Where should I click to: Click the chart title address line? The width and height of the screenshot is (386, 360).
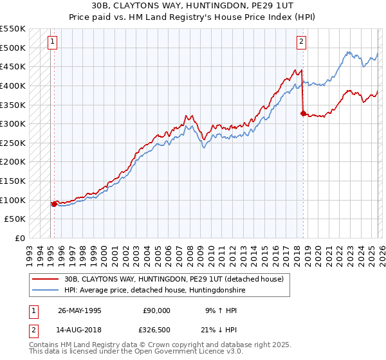192,6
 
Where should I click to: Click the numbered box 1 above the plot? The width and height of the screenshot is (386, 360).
52,42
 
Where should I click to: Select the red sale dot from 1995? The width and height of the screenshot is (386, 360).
54,204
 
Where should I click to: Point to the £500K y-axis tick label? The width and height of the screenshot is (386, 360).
13,48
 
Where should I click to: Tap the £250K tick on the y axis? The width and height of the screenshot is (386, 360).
13,143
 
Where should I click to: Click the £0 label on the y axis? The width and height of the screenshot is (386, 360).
20,238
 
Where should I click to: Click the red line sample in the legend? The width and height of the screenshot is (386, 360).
46,279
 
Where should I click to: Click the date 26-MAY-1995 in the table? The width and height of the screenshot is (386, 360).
80,310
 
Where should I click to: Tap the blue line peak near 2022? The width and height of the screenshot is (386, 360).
348,52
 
